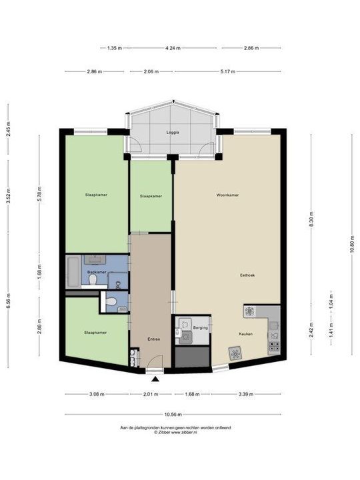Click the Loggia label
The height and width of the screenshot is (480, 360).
tap(173, 132)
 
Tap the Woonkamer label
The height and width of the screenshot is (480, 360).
tap(227, 195)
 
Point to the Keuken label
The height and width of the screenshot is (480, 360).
tap(246, 333)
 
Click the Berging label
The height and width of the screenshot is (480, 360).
tap(201, 328)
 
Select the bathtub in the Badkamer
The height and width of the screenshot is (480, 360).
tap(73, 273)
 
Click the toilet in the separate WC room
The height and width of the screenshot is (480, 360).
tap(113, 302)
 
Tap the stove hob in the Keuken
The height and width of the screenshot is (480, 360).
tap(273, 345)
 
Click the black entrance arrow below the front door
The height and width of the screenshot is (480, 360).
tap(155, 379)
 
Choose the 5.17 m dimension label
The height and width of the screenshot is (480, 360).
tap(227, 71)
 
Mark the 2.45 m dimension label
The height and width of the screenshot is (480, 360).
tap(8, 129)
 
